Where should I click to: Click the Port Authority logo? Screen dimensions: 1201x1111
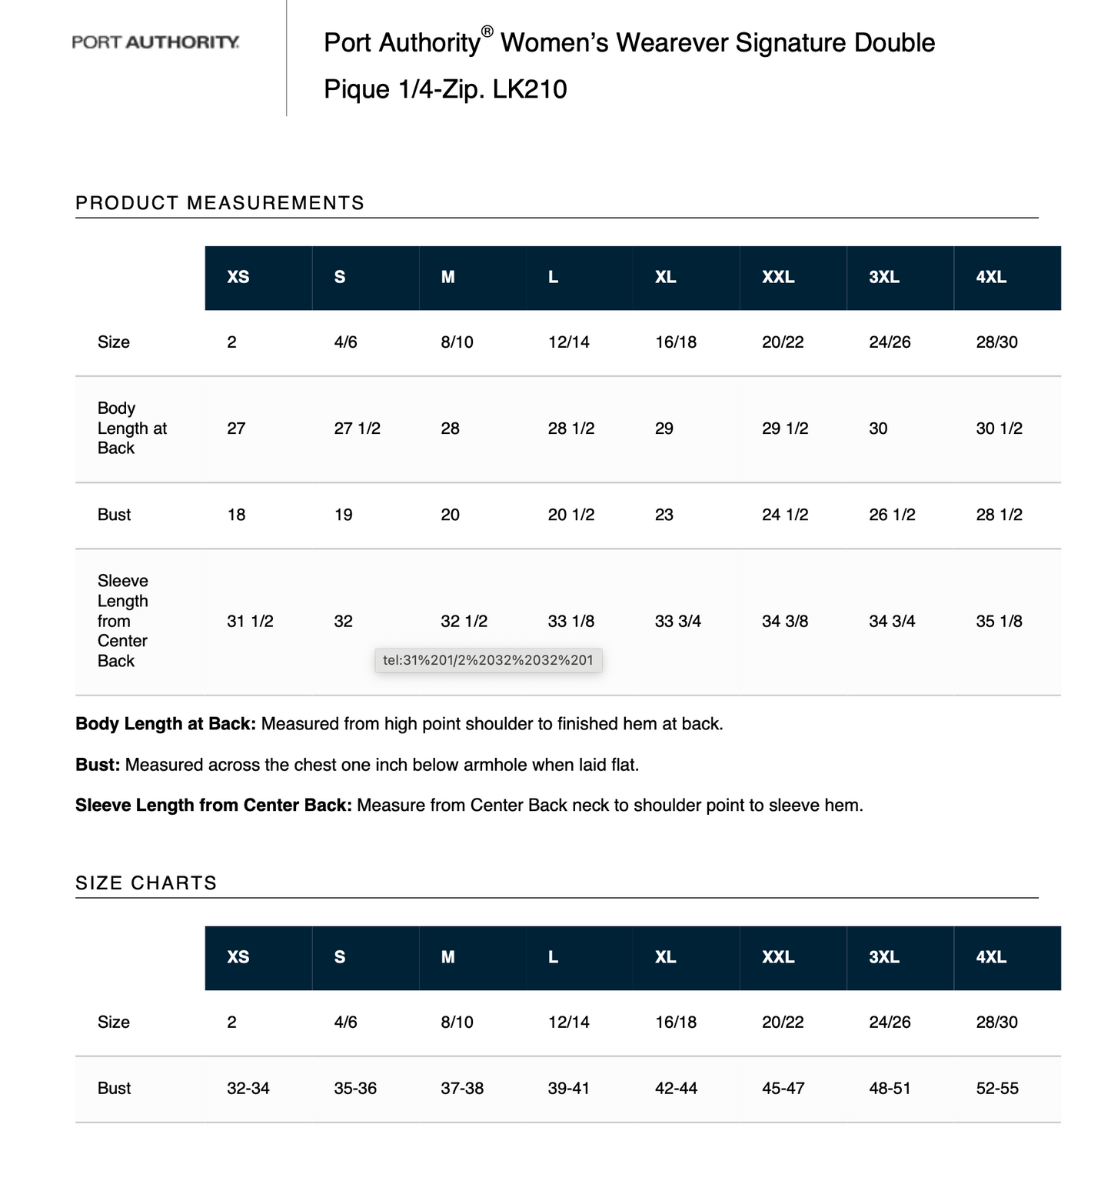coord(155,42)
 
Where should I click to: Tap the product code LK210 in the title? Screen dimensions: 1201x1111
coord(530,89)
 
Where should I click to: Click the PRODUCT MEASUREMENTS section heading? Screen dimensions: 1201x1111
coord(220,203)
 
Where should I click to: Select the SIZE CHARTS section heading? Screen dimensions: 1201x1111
coord(146,883)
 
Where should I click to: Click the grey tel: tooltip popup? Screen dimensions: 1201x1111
coord(488,660)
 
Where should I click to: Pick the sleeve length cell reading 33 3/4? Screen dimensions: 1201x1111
coord(677,622)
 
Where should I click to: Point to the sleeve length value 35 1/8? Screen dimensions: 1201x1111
coord(999,622)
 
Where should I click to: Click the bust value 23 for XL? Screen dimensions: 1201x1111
coord(664,515)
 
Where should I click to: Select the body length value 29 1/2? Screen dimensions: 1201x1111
coord(785,429)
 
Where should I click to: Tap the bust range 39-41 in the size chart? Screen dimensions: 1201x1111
coord(569,1089)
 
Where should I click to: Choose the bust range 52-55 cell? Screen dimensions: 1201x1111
coord(997,1089)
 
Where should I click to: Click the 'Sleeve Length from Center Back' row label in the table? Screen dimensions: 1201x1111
coord(122,621)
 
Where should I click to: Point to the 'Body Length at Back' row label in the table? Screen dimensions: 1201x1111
coord(131,429)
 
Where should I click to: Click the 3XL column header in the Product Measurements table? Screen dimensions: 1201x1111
coord(884,278)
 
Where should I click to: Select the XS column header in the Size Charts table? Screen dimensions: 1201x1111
coord(238,958)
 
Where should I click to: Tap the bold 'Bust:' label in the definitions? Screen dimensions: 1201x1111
coord(98,766)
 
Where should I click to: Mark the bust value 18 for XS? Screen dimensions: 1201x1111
coord(236,515)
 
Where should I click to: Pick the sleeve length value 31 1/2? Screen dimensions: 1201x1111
coord(250,622)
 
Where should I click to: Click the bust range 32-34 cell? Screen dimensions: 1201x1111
coord(248,1089)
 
